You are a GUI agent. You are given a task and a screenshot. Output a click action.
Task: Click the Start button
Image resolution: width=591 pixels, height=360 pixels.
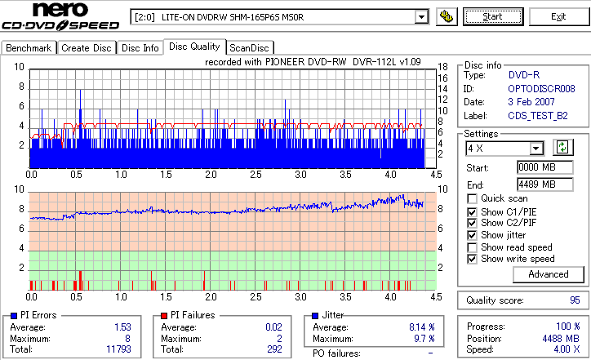493,16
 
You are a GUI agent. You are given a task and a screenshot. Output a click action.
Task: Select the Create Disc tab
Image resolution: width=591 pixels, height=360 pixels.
87,48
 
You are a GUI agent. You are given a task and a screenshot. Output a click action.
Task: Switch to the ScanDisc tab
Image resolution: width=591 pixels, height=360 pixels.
251,48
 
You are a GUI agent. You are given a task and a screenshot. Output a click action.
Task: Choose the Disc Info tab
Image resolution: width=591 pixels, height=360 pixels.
140,48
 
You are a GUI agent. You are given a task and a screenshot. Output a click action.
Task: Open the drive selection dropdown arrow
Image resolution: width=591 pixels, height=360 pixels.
421,16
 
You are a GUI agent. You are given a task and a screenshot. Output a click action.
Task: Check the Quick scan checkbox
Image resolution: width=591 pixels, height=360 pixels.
473,198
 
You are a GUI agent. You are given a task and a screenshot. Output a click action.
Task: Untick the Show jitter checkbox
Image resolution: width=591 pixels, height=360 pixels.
473,235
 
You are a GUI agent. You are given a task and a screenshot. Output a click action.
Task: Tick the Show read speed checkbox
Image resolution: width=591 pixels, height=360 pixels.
473,247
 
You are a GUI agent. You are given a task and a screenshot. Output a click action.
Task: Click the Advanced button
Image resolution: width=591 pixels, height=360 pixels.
525,274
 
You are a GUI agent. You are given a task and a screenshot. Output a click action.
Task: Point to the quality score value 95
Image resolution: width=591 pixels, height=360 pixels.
575,300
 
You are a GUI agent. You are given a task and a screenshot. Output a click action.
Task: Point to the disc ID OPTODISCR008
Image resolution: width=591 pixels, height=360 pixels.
542,88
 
